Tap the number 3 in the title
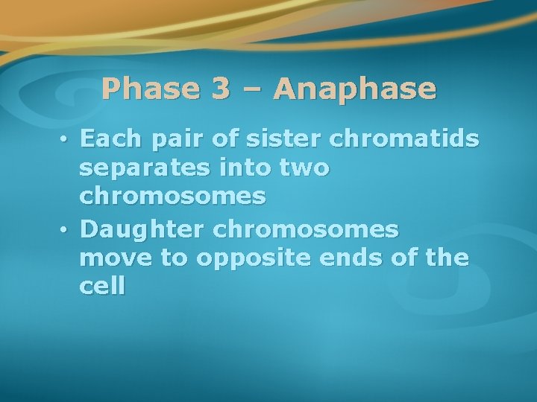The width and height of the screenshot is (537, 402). pos(220,89)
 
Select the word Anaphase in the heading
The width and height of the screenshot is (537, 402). pos(354,89)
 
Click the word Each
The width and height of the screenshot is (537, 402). pos(110,140)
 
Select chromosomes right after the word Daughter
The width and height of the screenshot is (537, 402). pos(306,230)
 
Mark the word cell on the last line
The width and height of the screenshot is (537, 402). pos(102,287)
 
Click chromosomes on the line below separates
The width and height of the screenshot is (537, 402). pos(172,197)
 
